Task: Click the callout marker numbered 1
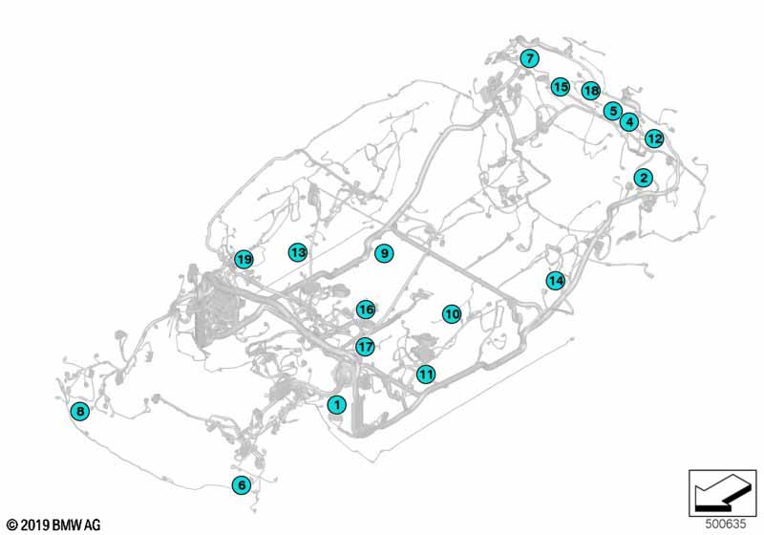coord(336,404)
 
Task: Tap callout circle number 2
coord(644,178)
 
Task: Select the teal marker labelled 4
coord(629,121)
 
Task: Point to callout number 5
coord(613,111)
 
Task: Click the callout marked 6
coord(242,484)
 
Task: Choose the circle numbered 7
coord(530,59)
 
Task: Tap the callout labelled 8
coord(80,411)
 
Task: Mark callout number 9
coord(384,253)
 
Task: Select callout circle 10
coord(452,314)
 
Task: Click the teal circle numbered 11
coord(426,374)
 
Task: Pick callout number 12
coord(654,139)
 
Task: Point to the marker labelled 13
coord(298,252)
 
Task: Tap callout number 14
coord(556,281)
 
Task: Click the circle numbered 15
coord(561,87)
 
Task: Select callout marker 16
coord(366,310)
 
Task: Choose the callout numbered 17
coord(365,347)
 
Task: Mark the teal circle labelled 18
coord(591,91)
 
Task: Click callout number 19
coord(244,259)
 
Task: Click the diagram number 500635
coord(726,524)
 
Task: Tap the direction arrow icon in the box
coord(723,493)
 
